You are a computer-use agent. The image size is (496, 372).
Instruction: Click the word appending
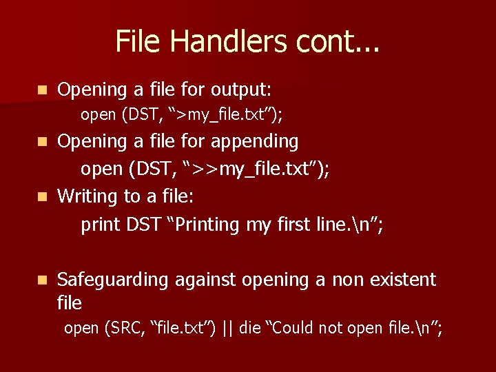coord(256,142)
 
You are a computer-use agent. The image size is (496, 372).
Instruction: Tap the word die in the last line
coord(250,329)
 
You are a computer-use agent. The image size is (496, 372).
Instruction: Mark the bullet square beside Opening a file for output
coord(43,90)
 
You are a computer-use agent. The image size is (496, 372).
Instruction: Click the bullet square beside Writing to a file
coord(43,197)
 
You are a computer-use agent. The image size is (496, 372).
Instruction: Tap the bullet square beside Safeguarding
coord(43,280)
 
